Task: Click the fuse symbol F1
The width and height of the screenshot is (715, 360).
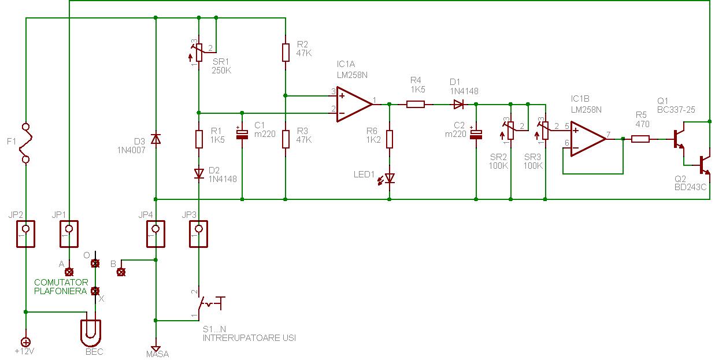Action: point(25,142)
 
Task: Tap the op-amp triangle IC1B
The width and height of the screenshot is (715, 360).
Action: point(588,138)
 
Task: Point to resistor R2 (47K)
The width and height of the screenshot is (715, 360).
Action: point(286,51)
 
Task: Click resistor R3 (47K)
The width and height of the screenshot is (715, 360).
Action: point(286,139)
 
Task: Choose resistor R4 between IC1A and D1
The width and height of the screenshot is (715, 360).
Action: point(416,105)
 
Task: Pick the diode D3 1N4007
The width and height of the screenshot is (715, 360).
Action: point(155,139)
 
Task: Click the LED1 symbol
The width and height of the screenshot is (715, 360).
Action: point(390,178)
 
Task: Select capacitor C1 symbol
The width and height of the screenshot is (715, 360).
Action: point(242,133)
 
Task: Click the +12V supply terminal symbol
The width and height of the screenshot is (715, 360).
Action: point(25,342)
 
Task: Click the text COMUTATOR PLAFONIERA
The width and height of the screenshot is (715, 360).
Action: point(61,287)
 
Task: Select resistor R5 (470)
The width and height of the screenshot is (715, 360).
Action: point(640,139)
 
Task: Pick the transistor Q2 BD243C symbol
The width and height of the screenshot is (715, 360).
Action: point(703,165)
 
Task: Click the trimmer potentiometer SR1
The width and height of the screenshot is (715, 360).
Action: point(198,52)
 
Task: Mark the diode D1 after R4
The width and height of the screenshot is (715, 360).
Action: point(458,105)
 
